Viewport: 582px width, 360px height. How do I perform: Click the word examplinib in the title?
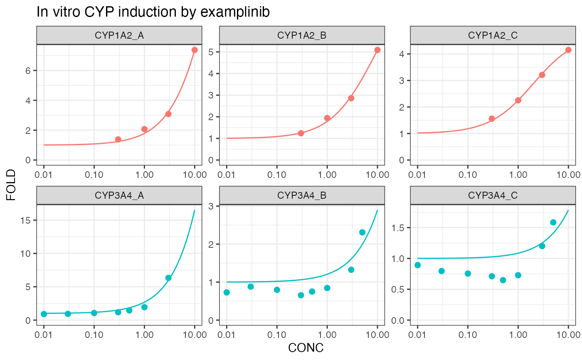click(x=235, y=12)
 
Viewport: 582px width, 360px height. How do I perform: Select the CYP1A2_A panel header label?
click(x=119, y=35)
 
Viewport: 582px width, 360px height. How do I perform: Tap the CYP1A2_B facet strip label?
click(x=302, y=35)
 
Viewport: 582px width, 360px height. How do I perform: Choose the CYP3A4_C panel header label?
click(x=493, y=195)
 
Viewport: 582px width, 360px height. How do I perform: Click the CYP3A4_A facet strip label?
click(x=119, y=195)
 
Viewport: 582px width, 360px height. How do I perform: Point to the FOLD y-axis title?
click(x=11, y=185)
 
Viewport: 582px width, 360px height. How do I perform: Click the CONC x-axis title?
click(x=306, y=348)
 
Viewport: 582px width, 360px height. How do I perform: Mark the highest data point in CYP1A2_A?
click(x=195, y=50)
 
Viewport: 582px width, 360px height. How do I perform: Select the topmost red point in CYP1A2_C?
click(x=568, y=50)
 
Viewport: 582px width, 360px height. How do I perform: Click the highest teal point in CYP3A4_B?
click(x=362, y=232)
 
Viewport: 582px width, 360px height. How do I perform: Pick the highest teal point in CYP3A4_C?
click(x=553, y=222)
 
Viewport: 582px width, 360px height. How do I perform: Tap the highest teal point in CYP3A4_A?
click(x=168, y=278)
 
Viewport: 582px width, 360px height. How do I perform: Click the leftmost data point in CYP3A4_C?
click(x=417, y=265)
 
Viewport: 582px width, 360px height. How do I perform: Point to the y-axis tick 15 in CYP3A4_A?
click(x=25, y=220)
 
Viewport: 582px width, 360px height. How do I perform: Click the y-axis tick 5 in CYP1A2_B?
click(x=211, y=52)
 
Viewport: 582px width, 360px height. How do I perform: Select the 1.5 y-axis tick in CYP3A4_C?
click(x=398, y=228)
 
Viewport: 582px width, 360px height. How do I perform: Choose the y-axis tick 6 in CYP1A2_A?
click(x=28, y=71)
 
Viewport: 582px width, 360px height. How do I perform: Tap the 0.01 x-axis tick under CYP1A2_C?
click(x=417, y=175)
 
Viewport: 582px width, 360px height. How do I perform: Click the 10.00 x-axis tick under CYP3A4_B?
click(x=377, y=335)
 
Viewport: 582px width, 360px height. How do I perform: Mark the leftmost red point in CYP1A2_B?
click(x=301, y=133)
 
